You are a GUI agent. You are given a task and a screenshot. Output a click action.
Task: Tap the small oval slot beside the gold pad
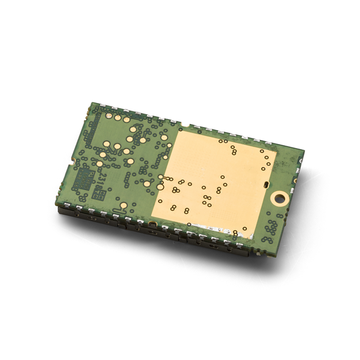pos(265,184)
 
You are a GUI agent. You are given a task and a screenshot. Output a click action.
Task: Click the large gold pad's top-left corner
pos(179,129)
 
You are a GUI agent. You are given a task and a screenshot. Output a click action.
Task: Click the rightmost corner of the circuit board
pos(304,152)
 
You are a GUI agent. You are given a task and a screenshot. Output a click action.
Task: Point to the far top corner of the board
pos(93,104)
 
